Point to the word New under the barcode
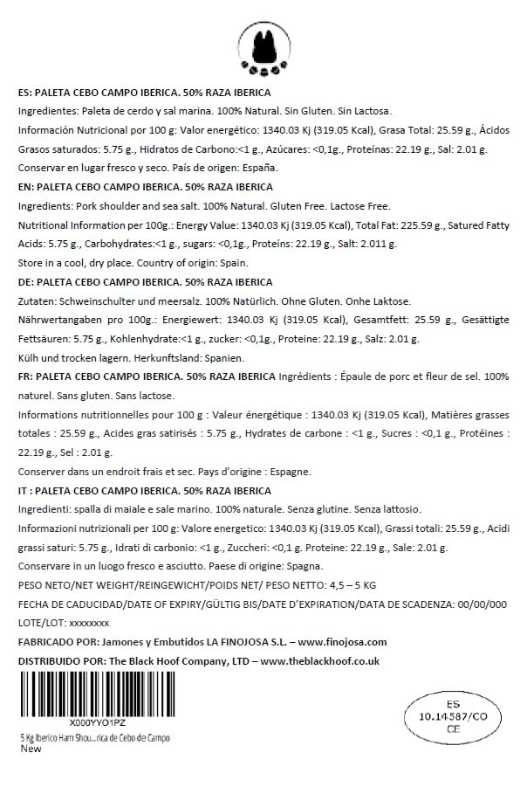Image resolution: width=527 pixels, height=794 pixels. [31, 749]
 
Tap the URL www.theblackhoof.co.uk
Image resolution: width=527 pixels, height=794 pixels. [319, 661]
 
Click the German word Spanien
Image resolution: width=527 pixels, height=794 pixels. [225, 358]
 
